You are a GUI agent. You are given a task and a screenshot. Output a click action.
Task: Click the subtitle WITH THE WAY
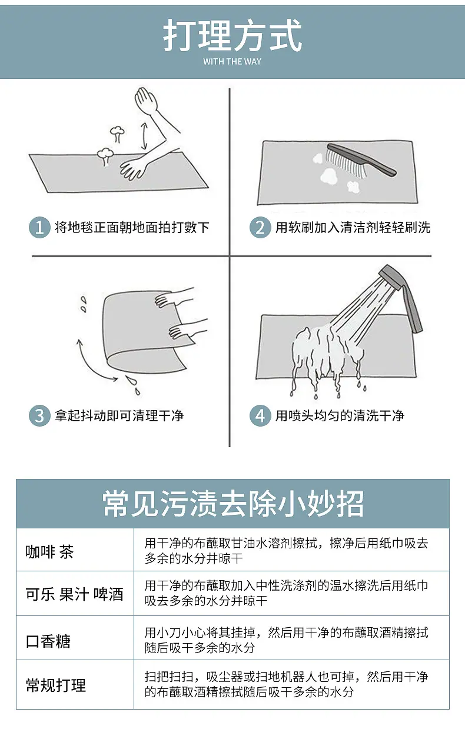[x=232, y=61]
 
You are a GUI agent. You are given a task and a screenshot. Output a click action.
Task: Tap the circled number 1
[x=39, y=227]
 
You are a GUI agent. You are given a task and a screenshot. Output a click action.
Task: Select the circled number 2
[x=260, y=227]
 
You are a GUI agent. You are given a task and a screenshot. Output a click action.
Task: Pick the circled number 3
[x=39, y=416]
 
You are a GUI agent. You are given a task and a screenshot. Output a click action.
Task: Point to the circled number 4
[x=260, y=416]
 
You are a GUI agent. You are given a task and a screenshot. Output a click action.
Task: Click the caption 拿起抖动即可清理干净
[x=119, y=416]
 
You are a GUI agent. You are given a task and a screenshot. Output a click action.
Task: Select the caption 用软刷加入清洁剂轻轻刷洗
[x=353, y=227]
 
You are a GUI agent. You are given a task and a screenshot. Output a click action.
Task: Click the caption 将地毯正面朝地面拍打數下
[x=132, y=227]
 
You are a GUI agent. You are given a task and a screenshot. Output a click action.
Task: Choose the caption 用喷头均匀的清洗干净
[x=340, y=416]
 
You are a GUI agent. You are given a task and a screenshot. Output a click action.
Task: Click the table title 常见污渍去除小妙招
[x=232, y=504]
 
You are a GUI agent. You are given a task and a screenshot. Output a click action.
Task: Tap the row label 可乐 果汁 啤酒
[x=75, y=594]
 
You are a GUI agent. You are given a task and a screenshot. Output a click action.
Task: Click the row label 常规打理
[x=56, y=685]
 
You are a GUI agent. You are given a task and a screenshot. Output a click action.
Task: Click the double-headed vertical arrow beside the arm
[x=143, y=137]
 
